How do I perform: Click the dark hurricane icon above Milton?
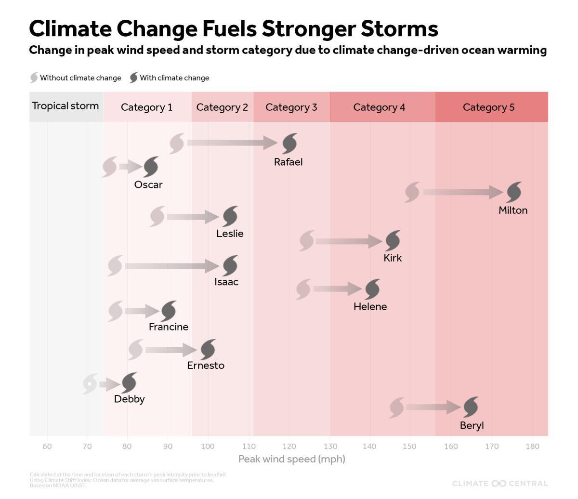tap(514, 192)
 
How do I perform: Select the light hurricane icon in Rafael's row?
tap(177, 143)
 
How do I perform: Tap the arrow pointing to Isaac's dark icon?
tap(172, 266)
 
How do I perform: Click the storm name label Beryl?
tap(472, 426)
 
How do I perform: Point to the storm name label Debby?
tap(129, 399)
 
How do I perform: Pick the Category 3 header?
tap(291, 107)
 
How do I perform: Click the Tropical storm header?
tap(66, 106)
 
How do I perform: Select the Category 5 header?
tap(488, 107)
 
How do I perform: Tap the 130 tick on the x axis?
tap(330, 446)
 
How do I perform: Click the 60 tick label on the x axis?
tap(47, 446)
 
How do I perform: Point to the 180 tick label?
tap(532, 446)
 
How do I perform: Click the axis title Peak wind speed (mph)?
tap(291, 459)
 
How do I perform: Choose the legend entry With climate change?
tap(174, 78)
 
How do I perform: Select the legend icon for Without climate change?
tap(34, 78)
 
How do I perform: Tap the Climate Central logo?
tap(499, 483)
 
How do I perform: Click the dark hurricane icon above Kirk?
tap(393, 240)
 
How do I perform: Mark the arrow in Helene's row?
tap(337, 289)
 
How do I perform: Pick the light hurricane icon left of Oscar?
tap(110, 167)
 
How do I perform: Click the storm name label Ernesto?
tap(206, 366)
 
